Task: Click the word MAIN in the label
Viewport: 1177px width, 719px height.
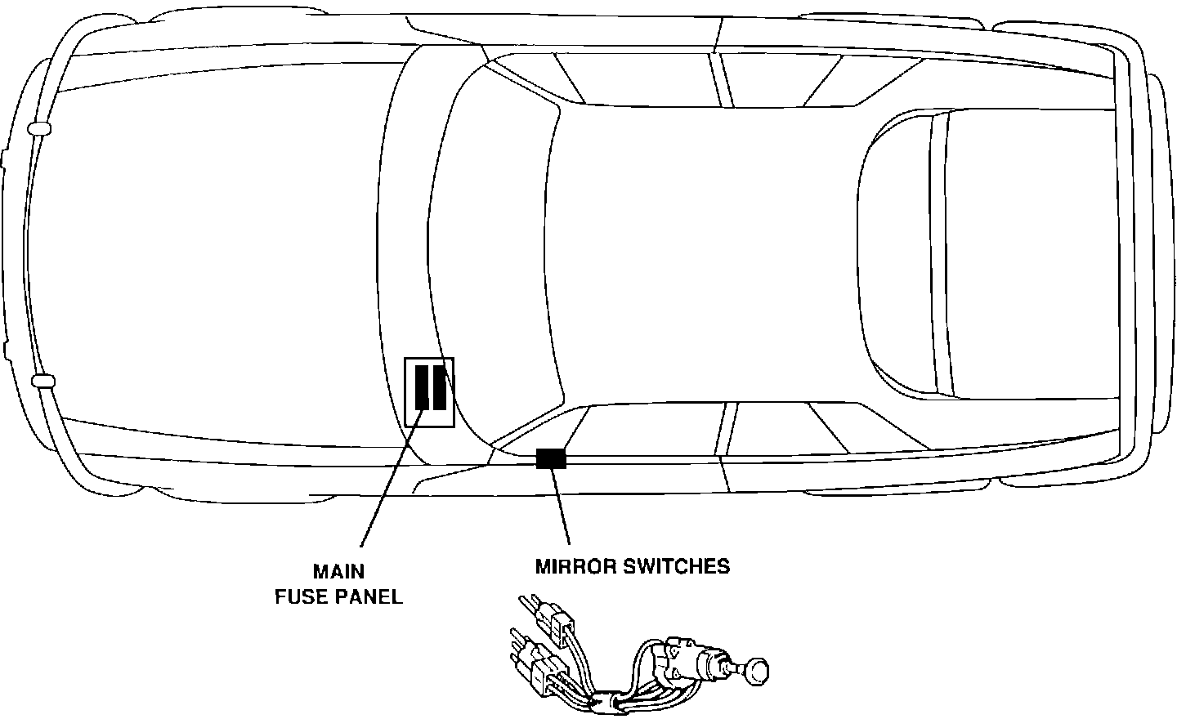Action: tap(338, 571)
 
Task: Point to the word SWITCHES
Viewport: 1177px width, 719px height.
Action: tap(677, 566)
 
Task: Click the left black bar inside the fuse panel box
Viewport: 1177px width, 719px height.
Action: tap(422, 387)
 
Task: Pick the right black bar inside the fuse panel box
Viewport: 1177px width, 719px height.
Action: tap(440, 387)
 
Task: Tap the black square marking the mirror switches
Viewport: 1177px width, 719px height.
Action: tap(551, 458)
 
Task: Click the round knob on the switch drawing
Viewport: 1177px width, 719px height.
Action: tap(758, 669)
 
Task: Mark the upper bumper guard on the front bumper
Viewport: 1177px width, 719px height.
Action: tap(38, 128)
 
